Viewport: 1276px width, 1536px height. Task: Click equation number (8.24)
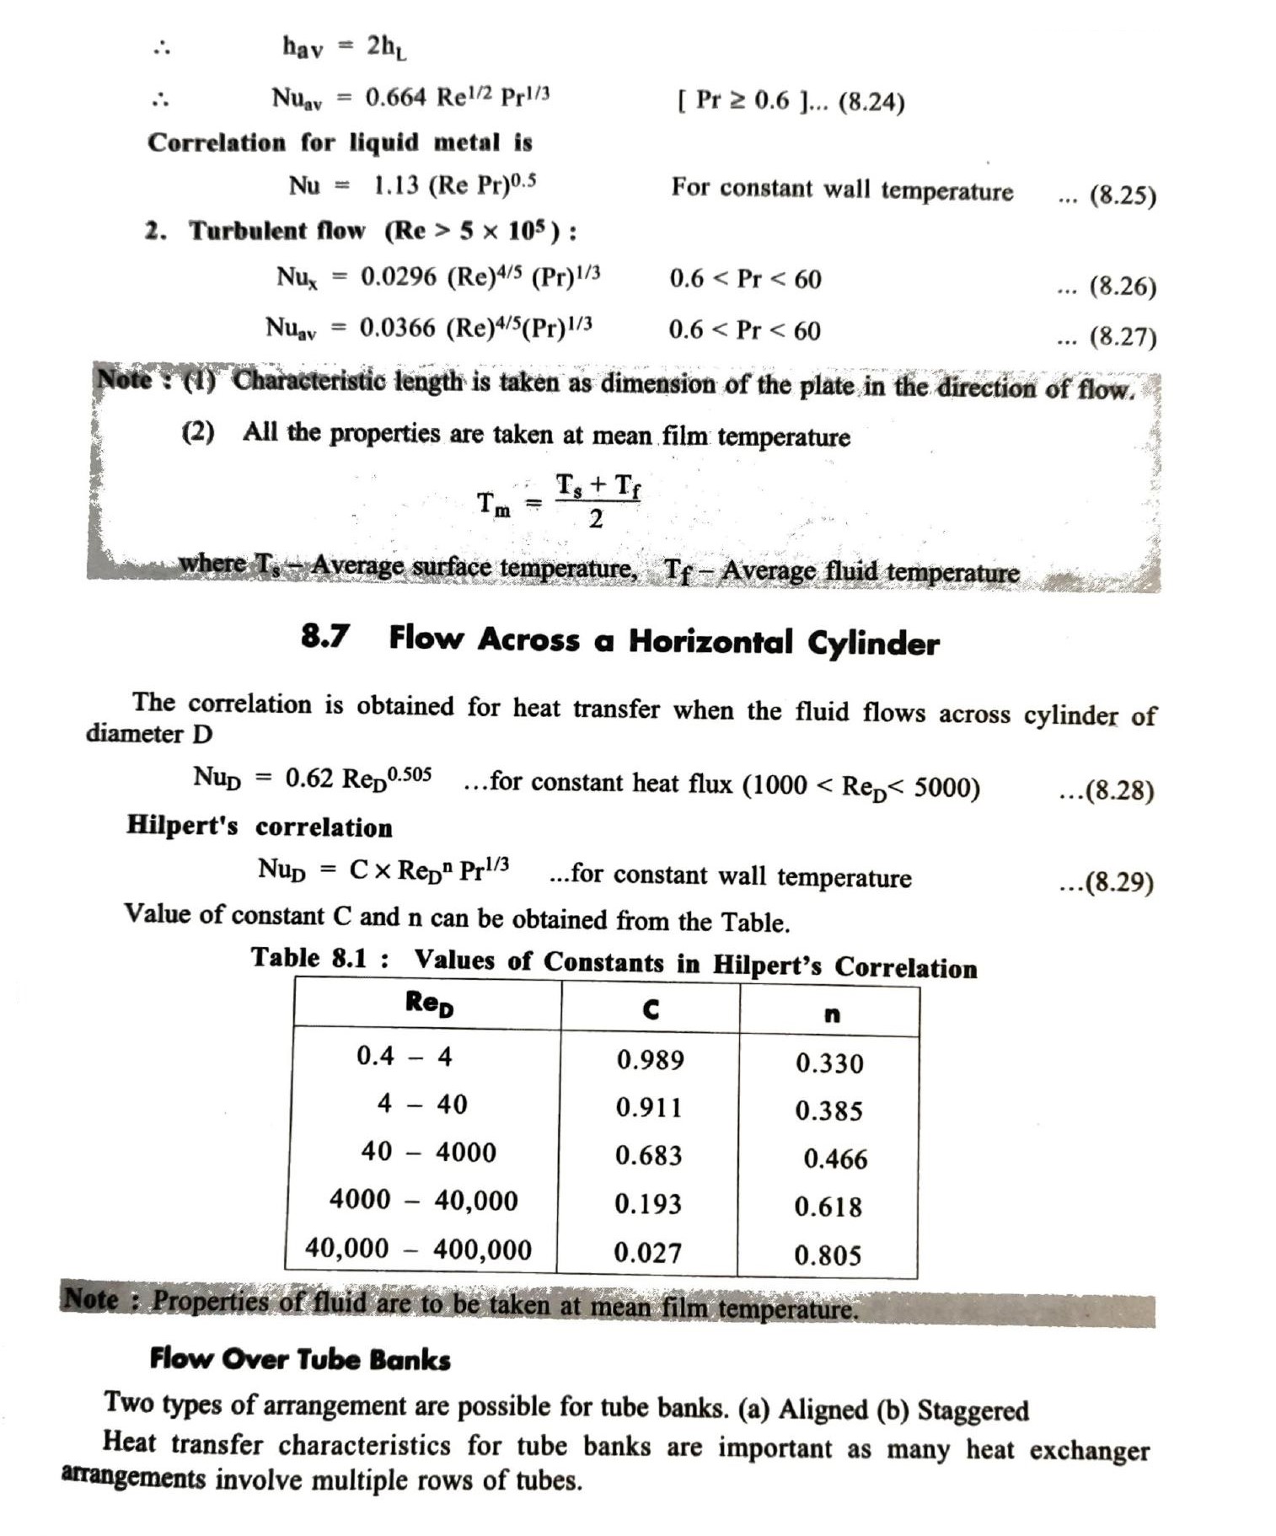pos(871,103)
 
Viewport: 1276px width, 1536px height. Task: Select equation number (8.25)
pos(1122,195)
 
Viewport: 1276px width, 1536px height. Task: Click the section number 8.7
pos(325,636)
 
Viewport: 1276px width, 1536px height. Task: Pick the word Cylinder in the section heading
pos(873,644)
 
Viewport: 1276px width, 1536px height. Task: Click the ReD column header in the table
pos(429,1003)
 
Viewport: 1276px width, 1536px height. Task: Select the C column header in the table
pos(651,1009)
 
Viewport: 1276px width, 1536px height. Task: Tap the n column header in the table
pos(831,1014)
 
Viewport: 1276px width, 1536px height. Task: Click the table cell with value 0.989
pos(650,1059)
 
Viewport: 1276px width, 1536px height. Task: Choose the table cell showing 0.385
pos(828,1111)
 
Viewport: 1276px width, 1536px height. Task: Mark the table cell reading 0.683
pos(648,1155)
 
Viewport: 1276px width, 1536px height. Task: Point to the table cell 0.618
pos(828,1207)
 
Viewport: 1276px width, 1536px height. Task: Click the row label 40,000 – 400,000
pos(418,1249)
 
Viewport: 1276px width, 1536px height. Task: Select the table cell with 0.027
pos(647,1253)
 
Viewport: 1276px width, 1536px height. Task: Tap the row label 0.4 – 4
pos(405,1056)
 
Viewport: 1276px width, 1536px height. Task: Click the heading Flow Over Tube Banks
pos(300,1359)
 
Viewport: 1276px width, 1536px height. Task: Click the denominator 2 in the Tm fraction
pos(596,519)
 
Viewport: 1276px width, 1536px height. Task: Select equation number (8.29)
pos(1118,882)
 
